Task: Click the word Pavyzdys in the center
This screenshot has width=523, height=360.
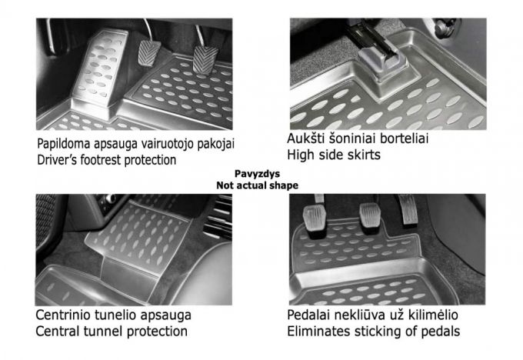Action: coord(257,174)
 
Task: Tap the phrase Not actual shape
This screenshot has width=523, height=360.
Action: coord(257,185)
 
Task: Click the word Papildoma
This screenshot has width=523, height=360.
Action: coord(64,144)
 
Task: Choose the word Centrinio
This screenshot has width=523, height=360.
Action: coord(63,315)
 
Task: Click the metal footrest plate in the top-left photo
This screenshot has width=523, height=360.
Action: coord(101,68)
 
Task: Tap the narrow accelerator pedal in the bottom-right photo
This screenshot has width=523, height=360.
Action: coord(408,209)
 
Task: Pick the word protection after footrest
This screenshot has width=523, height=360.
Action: coord(150,160)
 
